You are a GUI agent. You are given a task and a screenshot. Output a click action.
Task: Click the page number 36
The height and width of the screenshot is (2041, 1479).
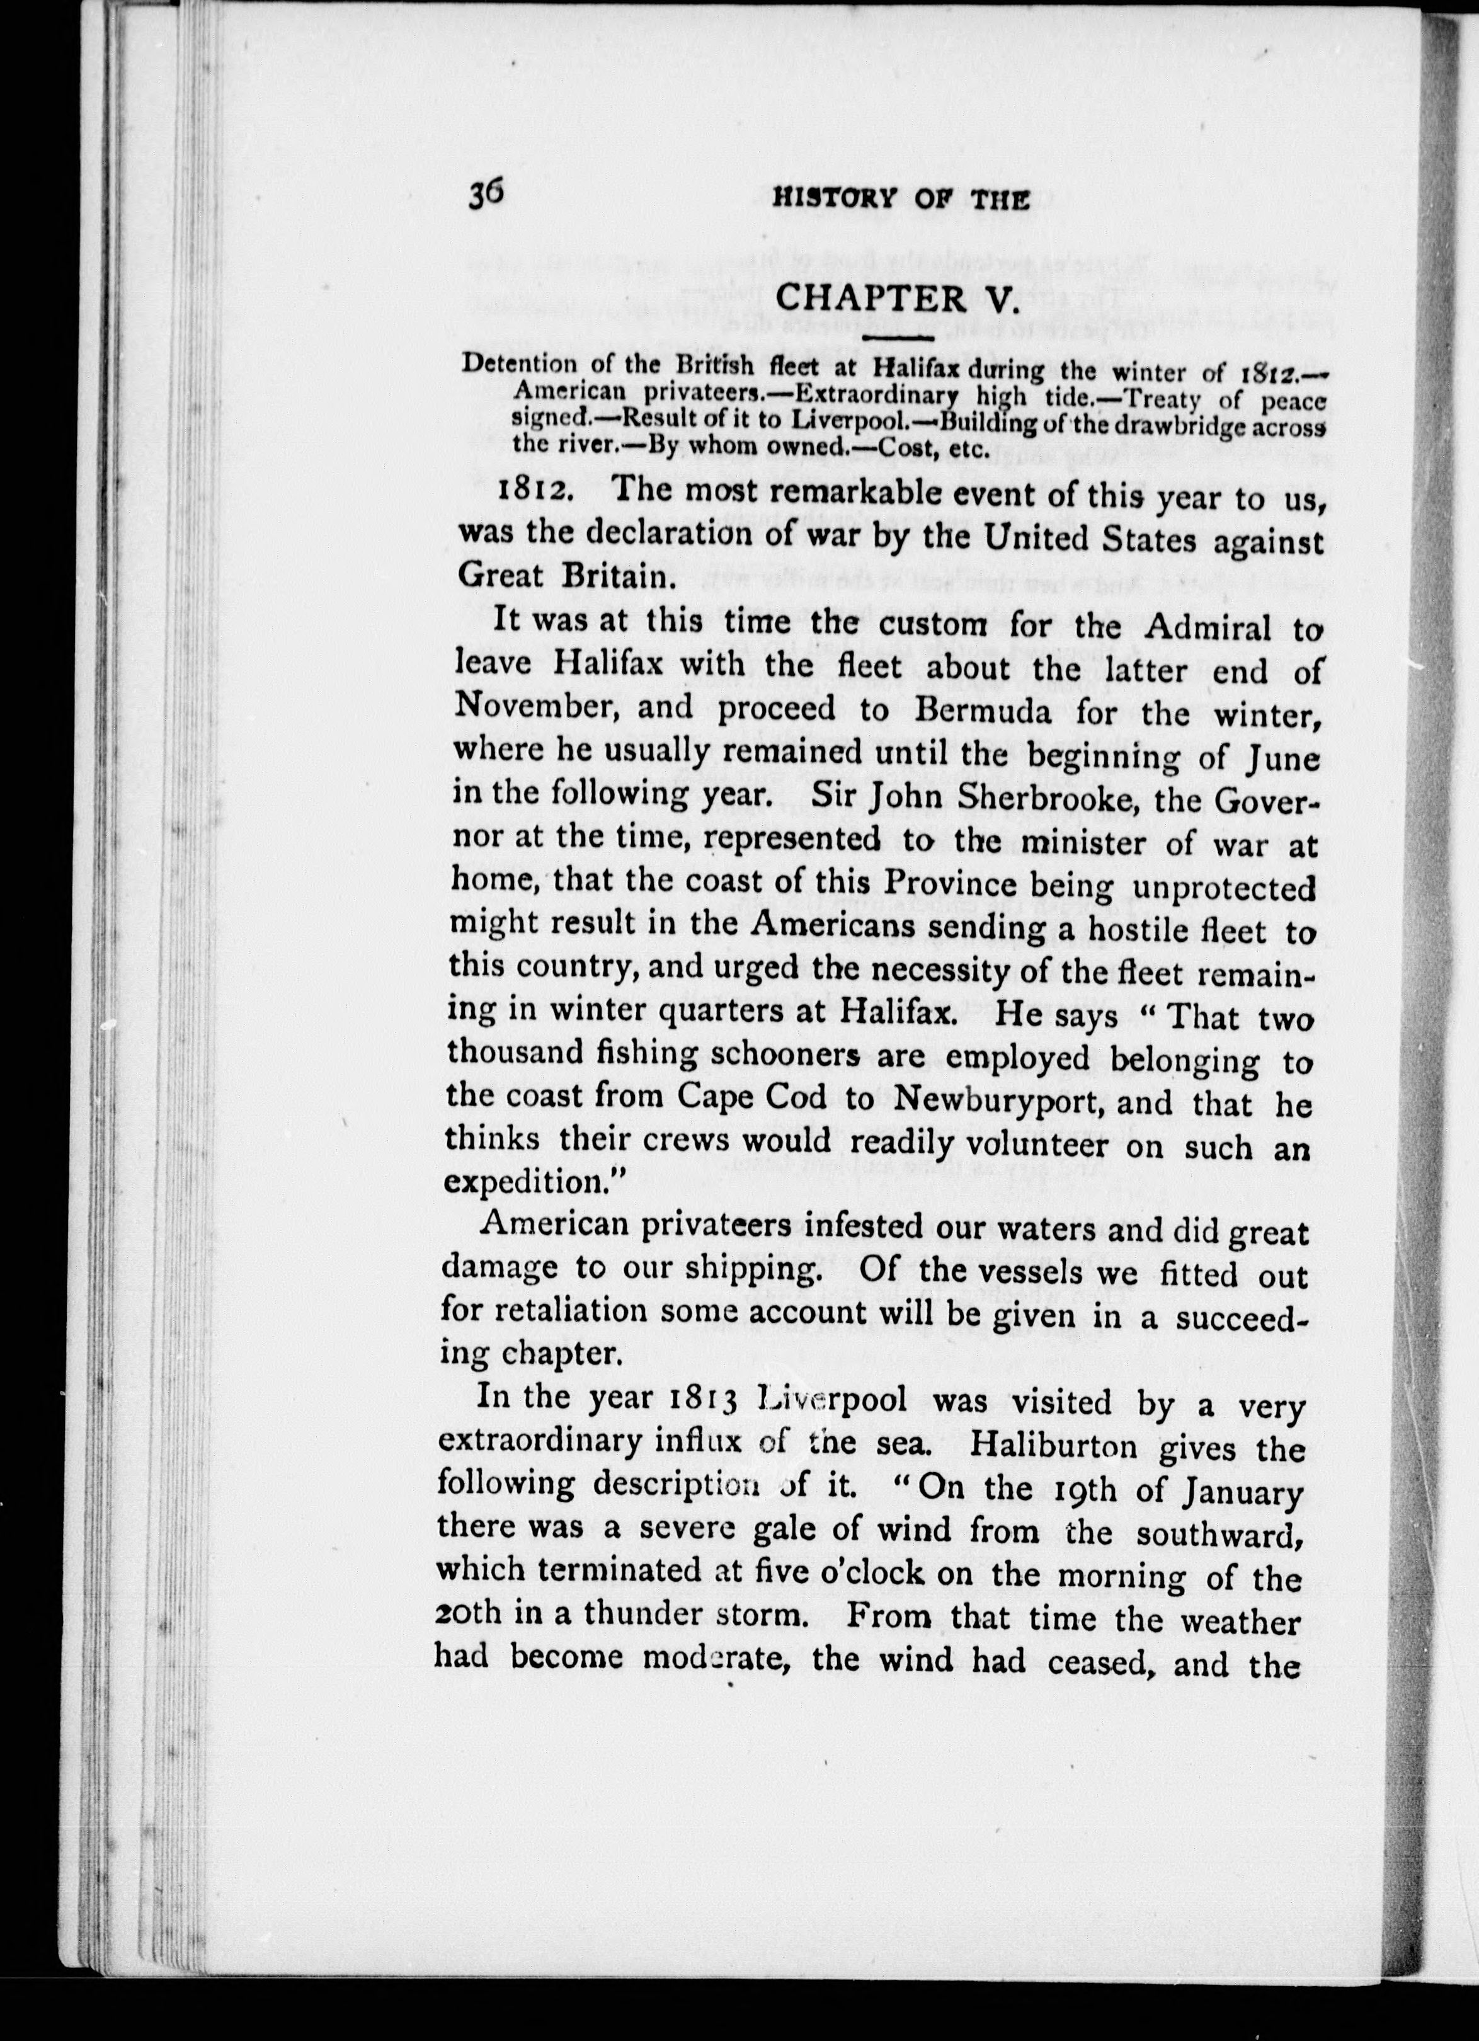[488, 195]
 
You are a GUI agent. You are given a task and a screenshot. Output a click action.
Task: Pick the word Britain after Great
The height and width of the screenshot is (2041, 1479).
[614, 576]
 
